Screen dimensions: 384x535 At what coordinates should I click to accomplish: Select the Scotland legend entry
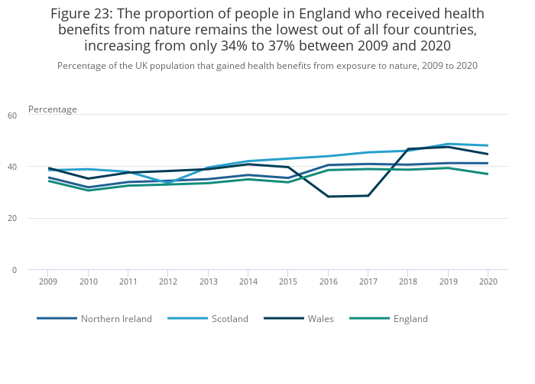tap(229, 318)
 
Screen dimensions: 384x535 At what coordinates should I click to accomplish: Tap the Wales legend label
tap(320, 318)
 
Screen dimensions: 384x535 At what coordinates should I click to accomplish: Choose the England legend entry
tap(410, 318)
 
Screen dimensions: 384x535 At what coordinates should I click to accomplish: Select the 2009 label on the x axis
tap(48, 281)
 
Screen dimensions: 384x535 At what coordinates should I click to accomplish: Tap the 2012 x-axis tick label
tap(168, 281)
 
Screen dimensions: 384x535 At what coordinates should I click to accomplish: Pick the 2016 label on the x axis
tap(328, 281)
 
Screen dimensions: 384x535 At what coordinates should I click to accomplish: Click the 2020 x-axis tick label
tap(488, 281)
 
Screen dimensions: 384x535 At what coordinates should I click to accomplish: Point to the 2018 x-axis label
tap(408, 281)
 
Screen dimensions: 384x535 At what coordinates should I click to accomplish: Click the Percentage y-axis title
tap(53, 109)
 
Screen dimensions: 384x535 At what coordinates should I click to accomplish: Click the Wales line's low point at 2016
tap(328, 197)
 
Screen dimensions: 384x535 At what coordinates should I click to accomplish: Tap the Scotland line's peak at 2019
tap(448, 144)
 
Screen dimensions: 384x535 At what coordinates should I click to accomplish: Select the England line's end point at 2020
tap(488, 174)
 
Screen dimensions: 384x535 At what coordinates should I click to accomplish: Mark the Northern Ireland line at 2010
tap(88, 187)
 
